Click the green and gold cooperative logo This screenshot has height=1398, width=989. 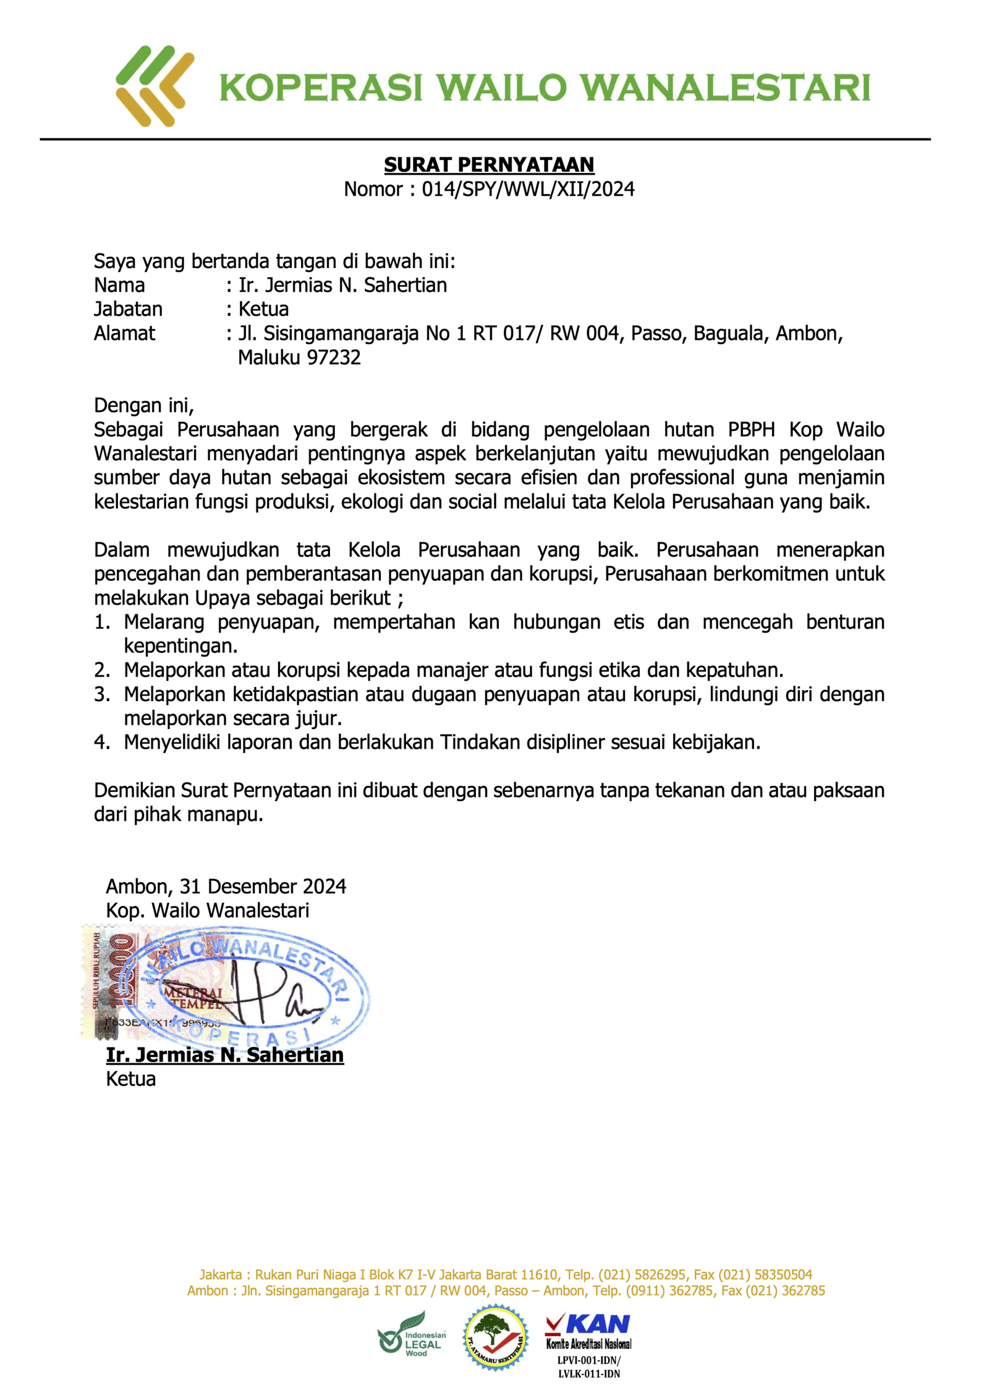pos(155,86)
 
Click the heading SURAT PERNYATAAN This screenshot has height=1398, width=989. pos(488,164)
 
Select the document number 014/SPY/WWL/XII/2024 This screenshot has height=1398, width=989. pos(528,189)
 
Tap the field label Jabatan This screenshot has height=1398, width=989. pos(128,309)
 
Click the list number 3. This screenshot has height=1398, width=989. pos(101,694)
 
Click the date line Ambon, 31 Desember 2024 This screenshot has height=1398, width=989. pos(226,886)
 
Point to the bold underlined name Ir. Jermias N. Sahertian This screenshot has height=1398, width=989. pos(224,1055)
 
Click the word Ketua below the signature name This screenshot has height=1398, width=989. pos(130,1079)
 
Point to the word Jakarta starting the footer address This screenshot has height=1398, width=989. pos(220,1274)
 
